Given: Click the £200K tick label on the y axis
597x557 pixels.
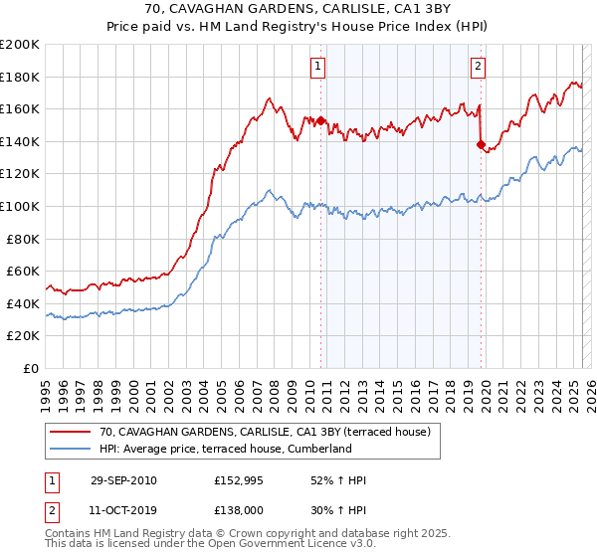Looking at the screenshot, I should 20,45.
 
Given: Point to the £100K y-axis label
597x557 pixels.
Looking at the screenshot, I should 20,206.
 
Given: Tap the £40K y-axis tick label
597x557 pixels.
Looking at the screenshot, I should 24,303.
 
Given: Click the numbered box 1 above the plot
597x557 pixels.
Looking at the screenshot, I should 317,67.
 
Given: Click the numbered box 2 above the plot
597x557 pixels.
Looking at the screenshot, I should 478,67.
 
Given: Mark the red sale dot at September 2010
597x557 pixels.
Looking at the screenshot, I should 321,120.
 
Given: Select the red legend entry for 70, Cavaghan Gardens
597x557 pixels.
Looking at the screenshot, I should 265,432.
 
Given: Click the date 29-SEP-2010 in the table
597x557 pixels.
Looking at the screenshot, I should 123,480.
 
